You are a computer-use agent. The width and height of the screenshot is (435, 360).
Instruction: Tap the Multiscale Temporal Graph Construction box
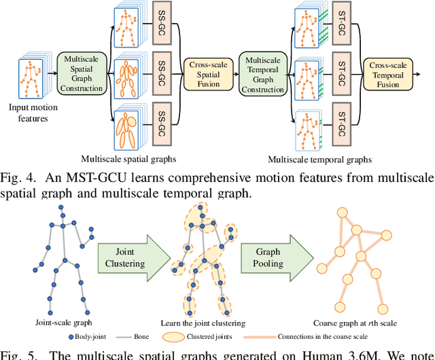pos(262,75)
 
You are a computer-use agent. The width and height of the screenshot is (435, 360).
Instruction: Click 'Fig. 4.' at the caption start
pos(17,178)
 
